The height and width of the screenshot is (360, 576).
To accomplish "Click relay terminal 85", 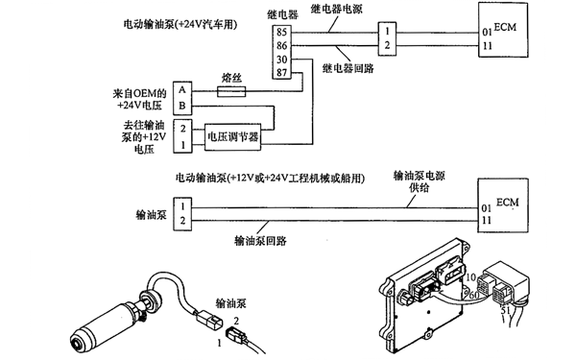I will pos(282,31).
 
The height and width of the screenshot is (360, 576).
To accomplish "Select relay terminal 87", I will pos(282,72).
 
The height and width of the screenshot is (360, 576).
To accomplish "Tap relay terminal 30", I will pos(282,59).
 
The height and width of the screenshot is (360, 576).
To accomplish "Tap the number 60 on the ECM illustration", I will pos(473,295).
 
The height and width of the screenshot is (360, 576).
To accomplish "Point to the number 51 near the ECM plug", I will pos(504,312).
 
